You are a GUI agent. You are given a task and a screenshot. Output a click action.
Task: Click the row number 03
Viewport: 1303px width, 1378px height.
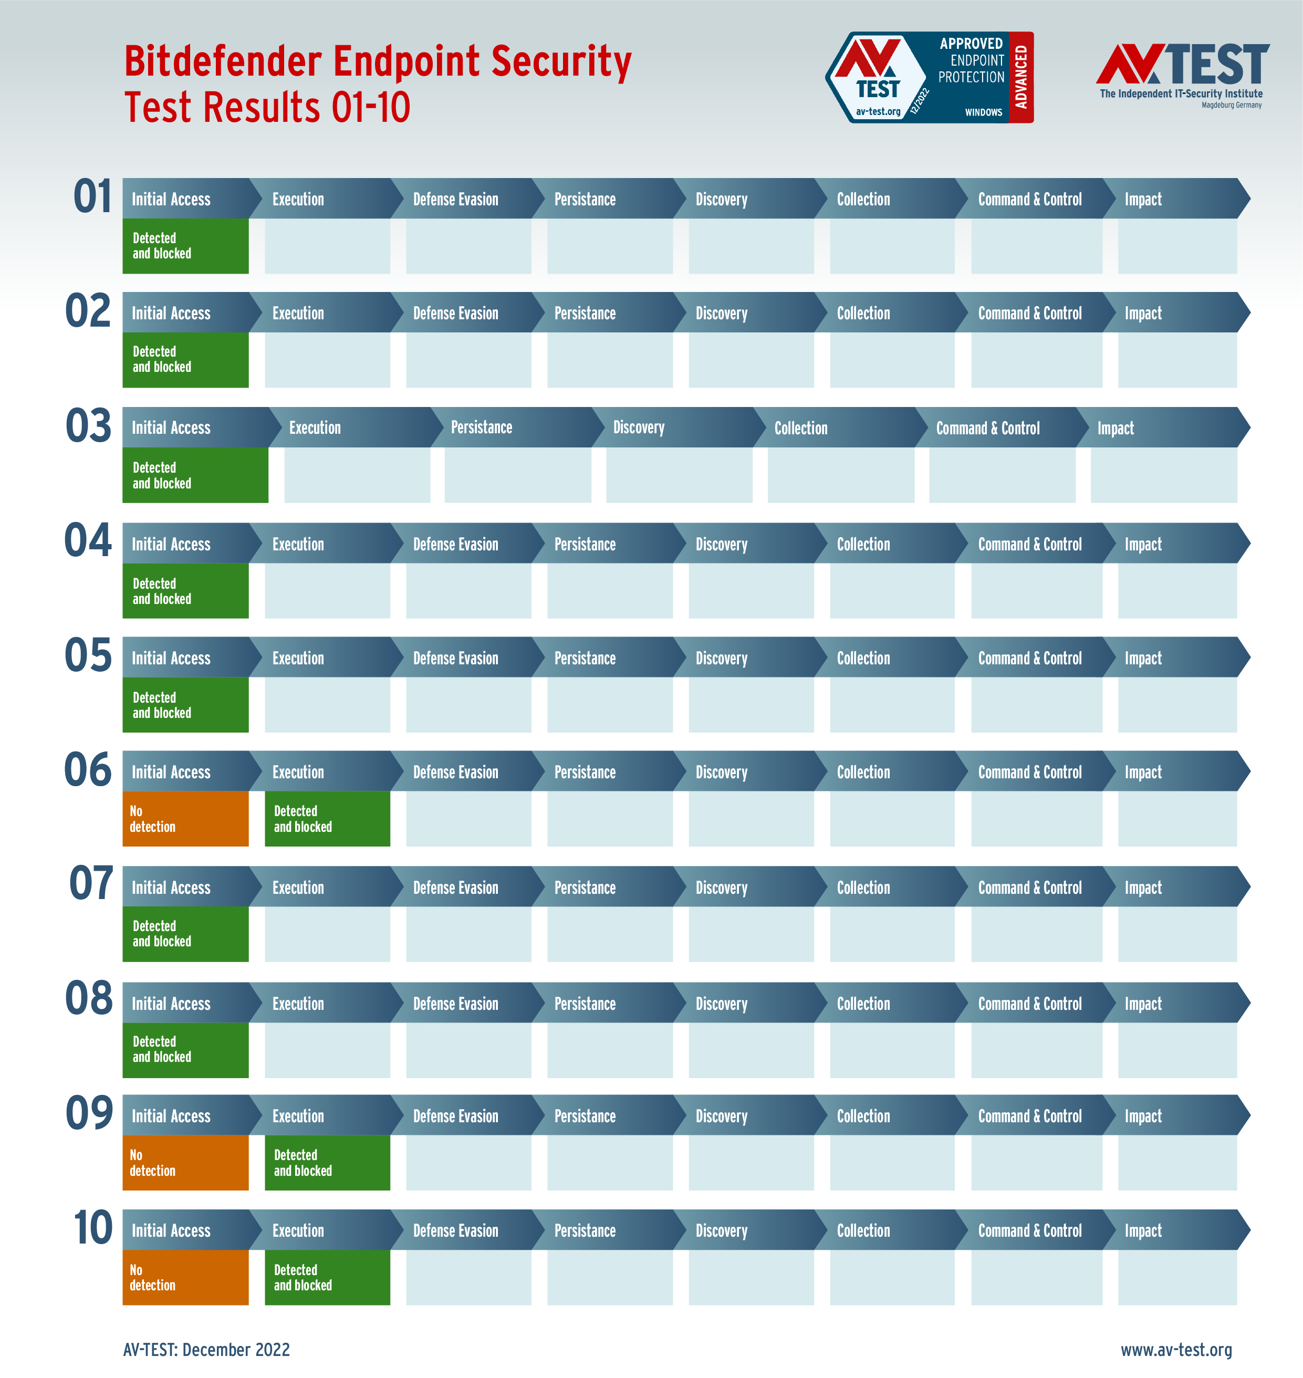tap(88, 426)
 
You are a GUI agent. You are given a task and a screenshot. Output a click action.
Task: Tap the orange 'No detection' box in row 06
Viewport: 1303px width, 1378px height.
tap(185, 818)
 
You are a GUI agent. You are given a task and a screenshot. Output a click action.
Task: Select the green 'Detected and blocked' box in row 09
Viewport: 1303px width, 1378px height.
tap(327, 1162)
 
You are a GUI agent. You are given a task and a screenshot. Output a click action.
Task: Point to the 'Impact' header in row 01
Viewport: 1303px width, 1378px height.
tap(1143, 200)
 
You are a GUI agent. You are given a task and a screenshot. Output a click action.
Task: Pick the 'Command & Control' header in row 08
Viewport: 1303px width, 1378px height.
tap(1029, 1003)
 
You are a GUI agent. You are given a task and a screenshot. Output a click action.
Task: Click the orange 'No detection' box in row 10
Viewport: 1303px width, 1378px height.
tap(185, 1277)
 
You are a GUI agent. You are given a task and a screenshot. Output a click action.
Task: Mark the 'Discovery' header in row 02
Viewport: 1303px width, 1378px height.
tap(722, 313)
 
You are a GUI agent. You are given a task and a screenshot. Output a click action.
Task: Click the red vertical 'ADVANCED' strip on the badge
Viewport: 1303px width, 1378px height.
tap(1020, 77)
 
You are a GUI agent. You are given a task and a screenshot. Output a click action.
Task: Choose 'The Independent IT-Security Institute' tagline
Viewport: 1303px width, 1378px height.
tap(1181, 94)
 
